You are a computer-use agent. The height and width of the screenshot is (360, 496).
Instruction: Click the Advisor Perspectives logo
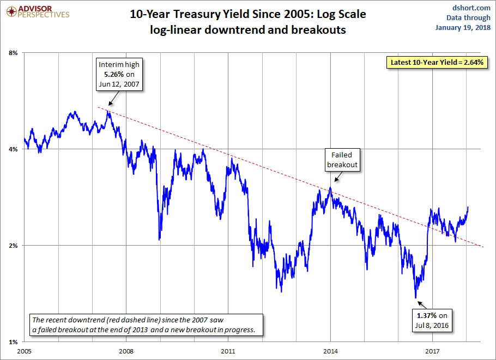pyautogui.click(x=37, y=11)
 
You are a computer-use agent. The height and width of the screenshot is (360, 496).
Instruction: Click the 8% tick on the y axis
pyautogui.click(x=14, y=53)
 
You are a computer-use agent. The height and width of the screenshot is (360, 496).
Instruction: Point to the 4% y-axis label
pyautogui.click(x=14, y=149)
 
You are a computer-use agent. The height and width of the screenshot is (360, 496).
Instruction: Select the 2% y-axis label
pyautogui.click(x=14, y=246)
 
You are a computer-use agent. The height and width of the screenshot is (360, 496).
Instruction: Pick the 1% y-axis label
pyautogui.click(x=14, y=341)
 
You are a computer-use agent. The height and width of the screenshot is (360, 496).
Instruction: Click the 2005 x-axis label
pyautogui.click(x=25, y=351)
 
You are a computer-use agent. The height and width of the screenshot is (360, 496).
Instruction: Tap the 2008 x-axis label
pyautogui.click(x=126, y=351)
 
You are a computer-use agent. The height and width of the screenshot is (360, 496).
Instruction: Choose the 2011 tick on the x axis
pyautogui.click(x=228, y=351)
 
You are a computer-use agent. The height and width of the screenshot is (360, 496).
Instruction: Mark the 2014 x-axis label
pyautogui.click(x=330, y=351)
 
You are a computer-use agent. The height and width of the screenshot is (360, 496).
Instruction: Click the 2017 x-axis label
pyautogui.click(x=432, y=351)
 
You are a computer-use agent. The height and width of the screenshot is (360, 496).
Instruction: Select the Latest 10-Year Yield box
pyautogui.click(x=438, y=62)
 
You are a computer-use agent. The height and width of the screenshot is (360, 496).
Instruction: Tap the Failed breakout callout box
pyautogui.click(x=342, y=160)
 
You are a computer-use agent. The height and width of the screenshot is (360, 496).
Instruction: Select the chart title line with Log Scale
pyautogui.click(x=247, y=14)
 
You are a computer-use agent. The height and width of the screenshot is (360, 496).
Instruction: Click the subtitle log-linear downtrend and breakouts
pyautogui.click(x=247, y=30)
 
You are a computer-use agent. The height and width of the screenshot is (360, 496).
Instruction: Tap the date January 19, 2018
pyautogui.click(x=464, y=28)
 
